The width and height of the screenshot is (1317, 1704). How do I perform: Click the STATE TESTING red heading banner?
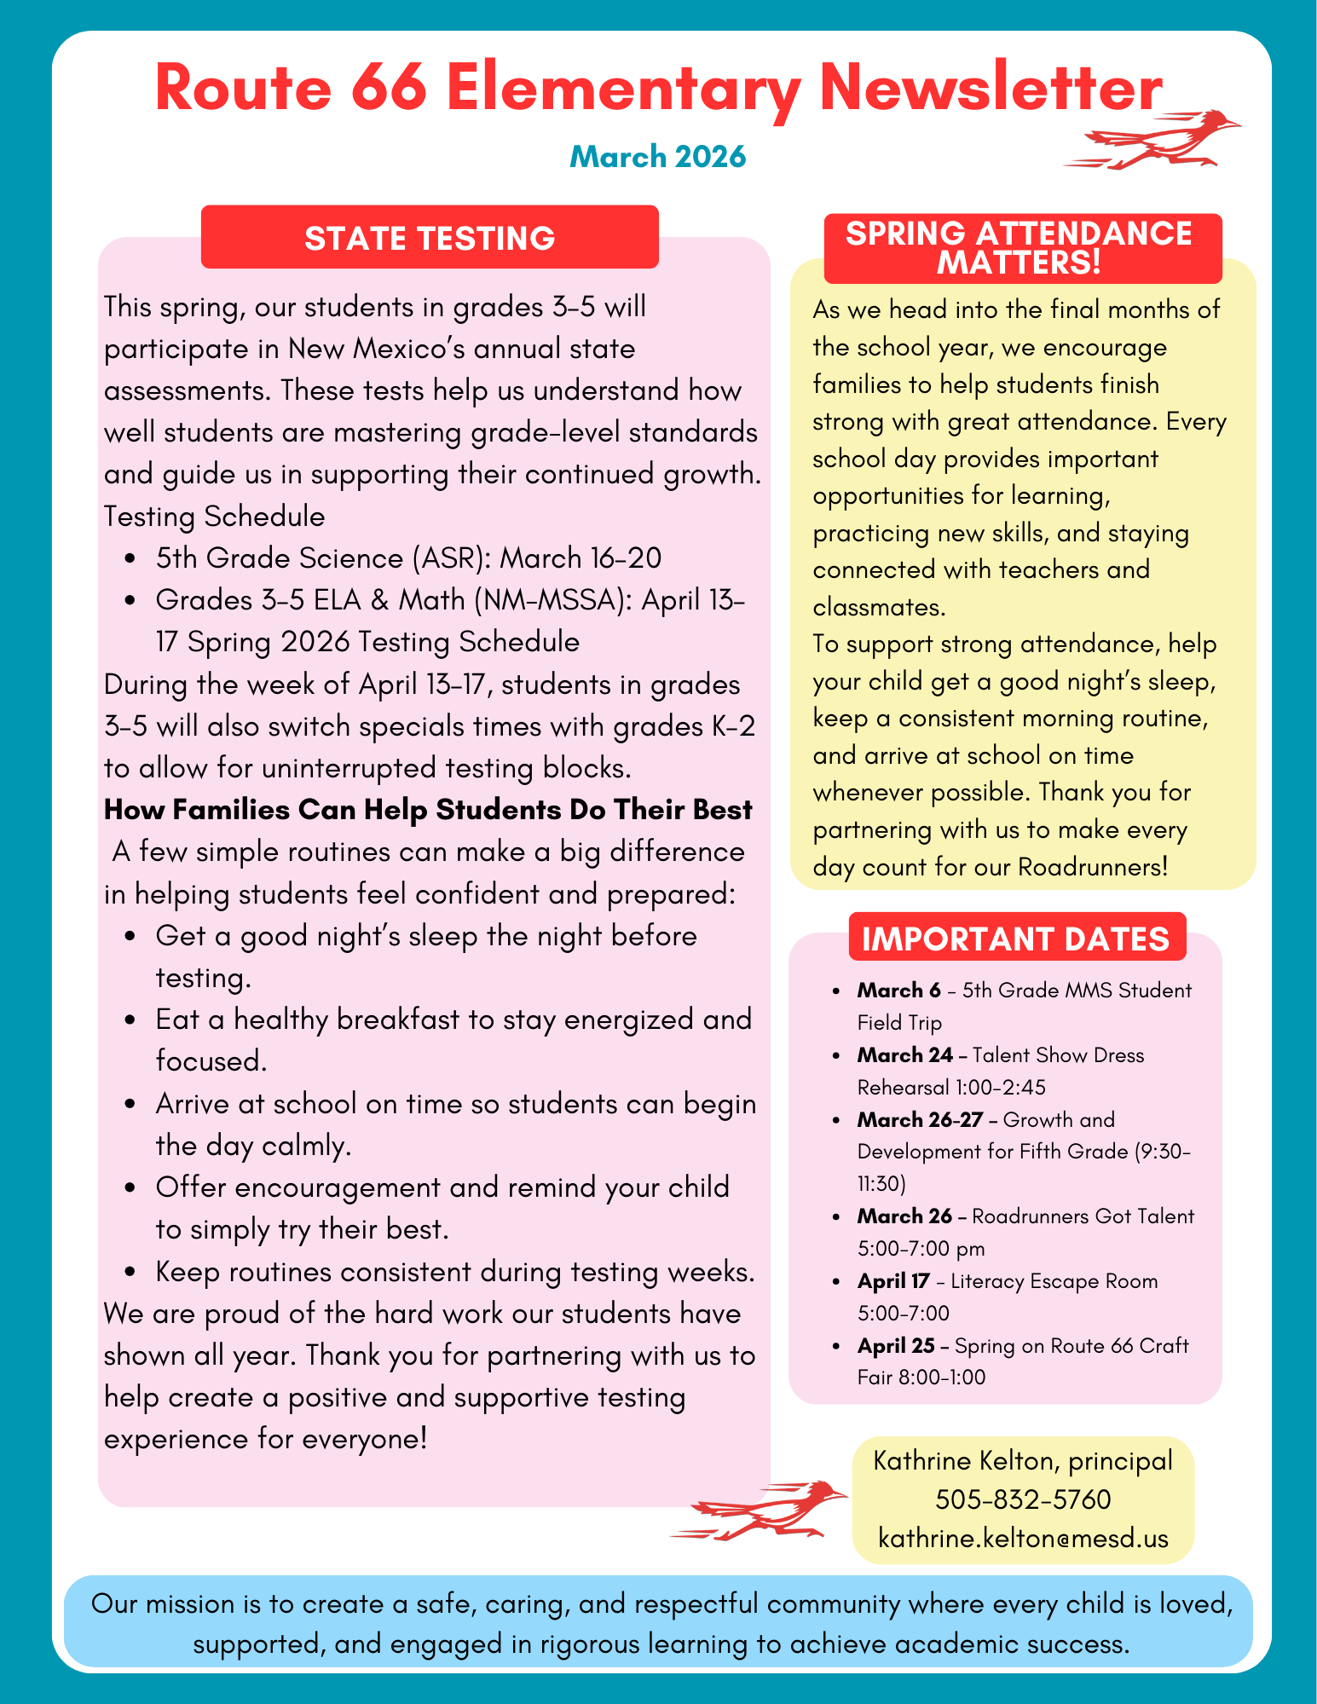pyautogui.click(x=430, y=238)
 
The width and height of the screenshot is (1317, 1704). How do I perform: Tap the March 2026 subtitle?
pyautogui.click(x=657, y=157)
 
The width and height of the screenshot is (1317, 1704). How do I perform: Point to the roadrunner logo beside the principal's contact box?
pyautogui.click(x=760, y=1510)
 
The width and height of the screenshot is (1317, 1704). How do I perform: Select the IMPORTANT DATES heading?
pyautogui.click(x=1016, y=939)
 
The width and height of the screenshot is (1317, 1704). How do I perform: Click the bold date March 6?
pyautogui.click(x=898, y=991)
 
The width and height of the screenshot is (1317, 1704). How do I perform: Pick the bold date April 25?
pyautogui.click(x=895, y=1346)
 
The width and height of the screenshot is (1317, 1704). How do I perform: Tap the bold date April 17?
pyautogui.click(x=892, y=1281)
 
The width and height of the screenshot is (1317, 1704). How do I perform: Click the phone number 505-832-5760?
pyautogui.click(x=1023, y=1499)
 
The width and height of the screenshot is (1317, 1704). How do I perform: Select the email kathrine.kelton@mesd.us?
pyautogui.click(x=1023, y=1539)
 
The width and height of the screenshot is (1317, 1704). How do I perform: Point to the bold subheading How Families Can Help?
pyautogui.click(x=428, y=810)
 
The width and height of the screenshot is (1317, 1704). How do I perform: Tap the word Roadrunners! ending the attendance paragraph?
pyautogui.click(x=1093, y=867)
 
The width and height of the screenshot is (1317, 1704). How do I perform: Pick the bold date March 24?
pyautogui.click(x=904, y=1055)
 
